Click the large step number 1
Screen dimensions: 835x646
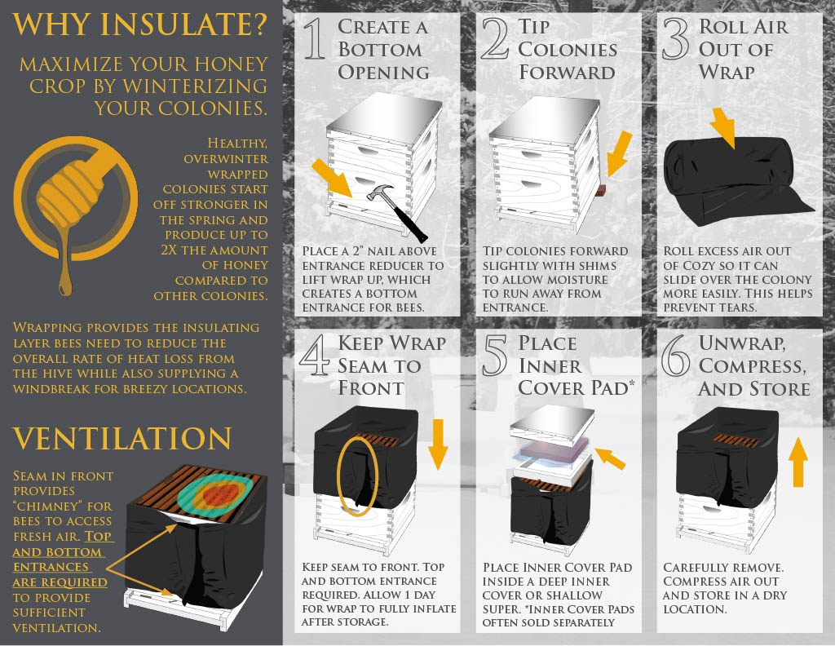[x=315, y=38]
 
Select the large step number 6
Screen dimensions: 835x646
[x=675, y=356]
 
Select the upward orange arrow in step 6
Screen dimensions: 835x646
[x=797, y=462]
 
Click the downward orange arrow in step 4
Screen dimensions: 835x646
[x=438, y=445]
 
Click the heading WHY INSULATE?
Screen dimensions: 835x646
[x=139, y=24]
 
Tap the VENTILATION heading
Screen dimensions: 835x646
[x=122, y=438]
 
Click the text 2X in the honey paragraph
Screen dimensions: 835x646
[x=170, y=250]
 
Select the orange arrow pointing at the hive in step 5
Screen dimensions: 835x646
[x=610, y=458]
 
